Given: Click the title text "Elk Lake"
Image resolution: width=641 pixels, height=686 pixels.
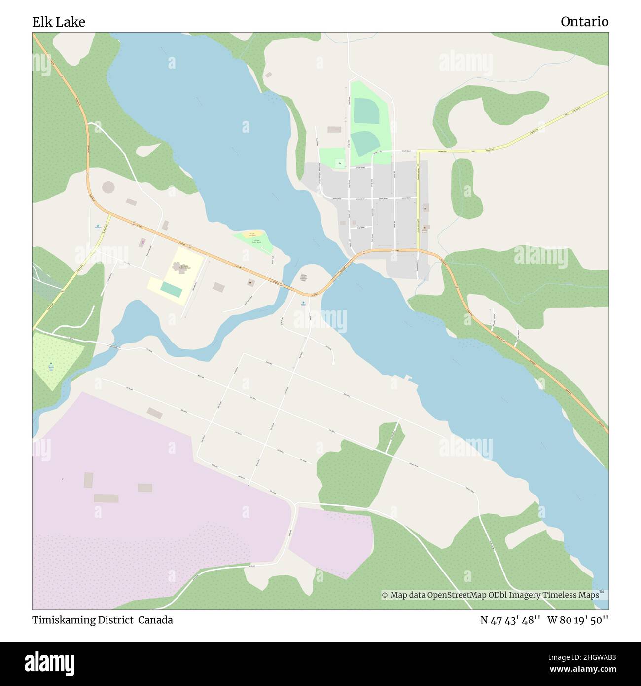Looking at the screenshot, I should [x=59, y=22].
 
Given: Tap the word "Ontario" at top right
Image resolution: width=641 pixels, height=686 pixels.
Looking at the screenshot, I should [x=584, y=22].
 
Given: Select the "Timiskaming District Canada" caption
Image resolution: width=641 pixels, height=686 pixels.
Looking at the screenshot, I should [x=103, y=620].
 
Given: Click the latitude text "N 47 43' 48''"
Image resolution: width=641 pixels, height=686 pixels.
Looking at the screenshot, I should [x=510, y=620].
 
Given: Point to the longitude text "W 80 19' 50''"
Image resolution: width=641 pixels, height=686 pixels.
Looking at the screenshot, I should [x=578, y=620].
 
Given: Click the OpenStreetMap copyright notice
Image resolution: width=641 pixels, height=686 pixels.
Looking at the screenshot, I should [x=493, y=595].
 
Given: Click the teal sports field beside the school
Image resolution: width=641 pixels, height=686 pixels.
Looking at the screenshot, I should [x=171, y=290].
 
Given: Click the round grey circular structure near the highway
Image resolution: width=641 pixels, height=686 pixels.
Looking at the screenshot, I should [x=107, y=188].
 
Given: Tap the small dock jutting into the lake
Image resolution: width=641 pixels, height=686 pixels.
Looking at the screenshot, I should [x=408, y=378].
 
